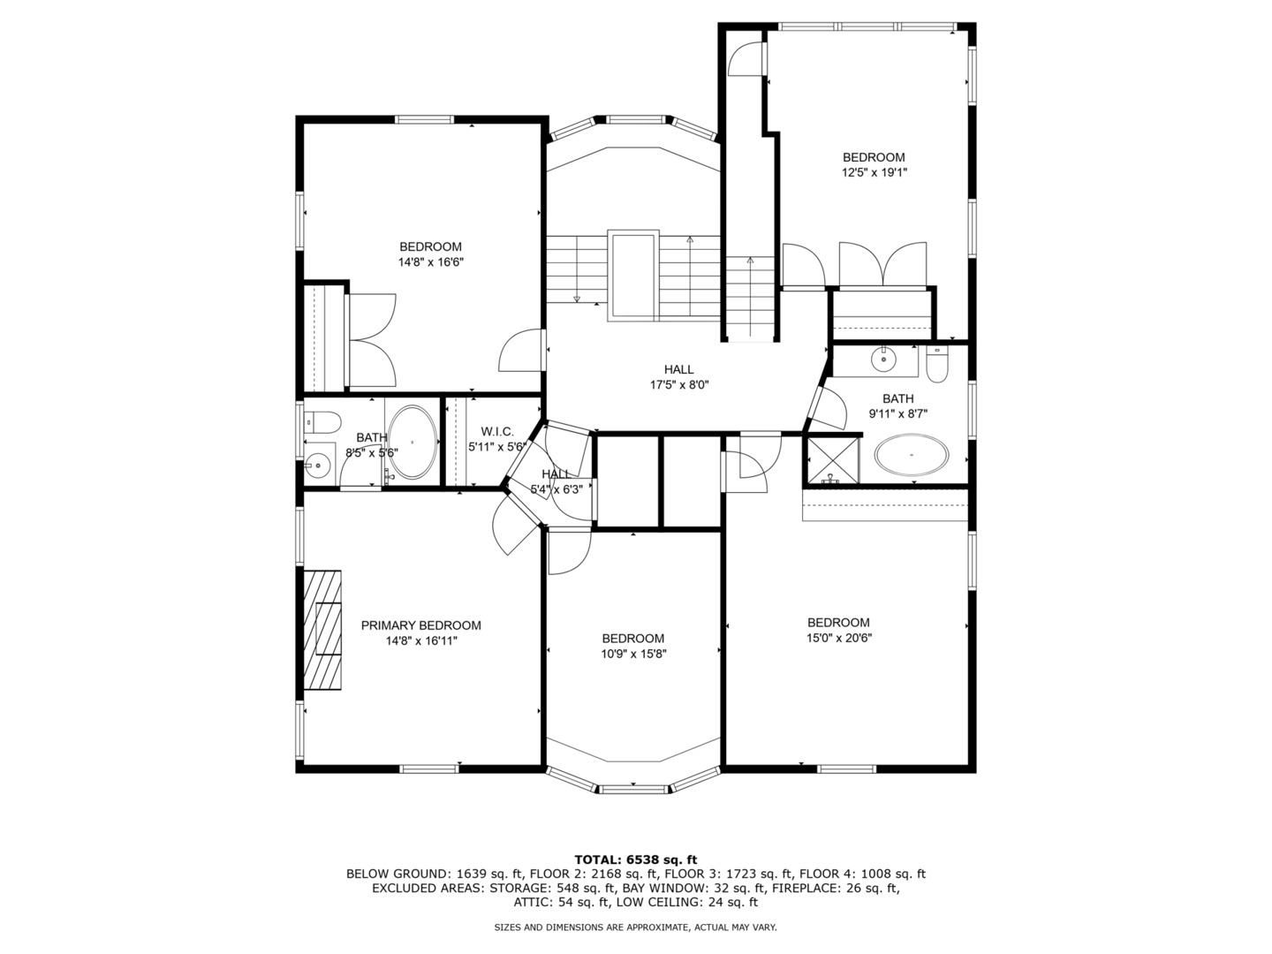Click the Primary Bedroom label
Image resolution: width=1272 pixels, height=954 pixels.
tap(420, 625)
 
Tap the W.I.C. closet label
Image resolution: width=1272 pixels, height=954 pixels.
tap(497, 432)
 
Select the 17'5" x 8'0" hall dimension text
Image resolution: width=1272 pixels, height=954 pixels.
tap(679, 384)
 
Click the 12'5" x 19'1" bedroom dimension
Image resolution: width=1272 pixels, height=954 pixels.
tap(874, 172)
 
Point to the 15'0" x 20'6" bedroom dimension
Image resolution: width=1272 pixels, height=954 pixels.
tap(838, 638)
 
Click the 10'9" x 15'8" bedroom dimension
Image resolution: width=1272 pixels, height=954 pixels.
tap(632, 654)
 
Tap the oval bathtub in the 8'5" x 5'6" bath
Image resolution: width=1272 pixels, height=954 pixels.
tap(413, 442)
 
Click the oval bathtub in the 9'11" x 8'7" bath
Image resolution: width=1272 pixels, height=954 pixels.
tap(912, 455)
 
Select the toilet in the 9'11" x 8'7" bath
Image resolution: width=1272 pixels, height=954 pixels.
tap(936, 364)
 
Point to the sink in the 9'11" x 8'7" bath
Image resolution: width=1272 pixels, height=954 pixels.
tap(883, 360)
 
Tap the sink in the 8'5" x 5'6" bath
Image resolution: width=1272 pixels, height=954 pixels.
tap(318, 464)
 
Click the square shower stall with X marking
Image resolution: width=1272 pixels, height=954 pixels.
tap(833, 460)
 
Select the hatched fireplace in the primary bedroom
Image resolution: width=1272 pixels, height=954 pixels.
tap(322, 630)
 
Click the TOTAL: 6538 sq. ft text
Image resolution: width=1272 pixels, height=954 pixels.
tap(636, 859)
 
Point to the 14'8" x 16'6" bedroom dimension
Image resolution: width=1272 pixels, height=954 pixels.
tap(430, 261)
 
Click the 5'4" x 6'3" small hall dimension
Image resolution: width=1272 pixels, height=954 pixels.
tap(556, 489)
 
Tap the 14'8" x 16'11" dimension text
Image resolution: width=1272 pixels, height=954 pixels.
tap(421, 640)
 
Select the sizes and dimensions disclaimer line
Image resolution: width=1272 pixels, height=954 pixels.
tap(636, 927)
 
